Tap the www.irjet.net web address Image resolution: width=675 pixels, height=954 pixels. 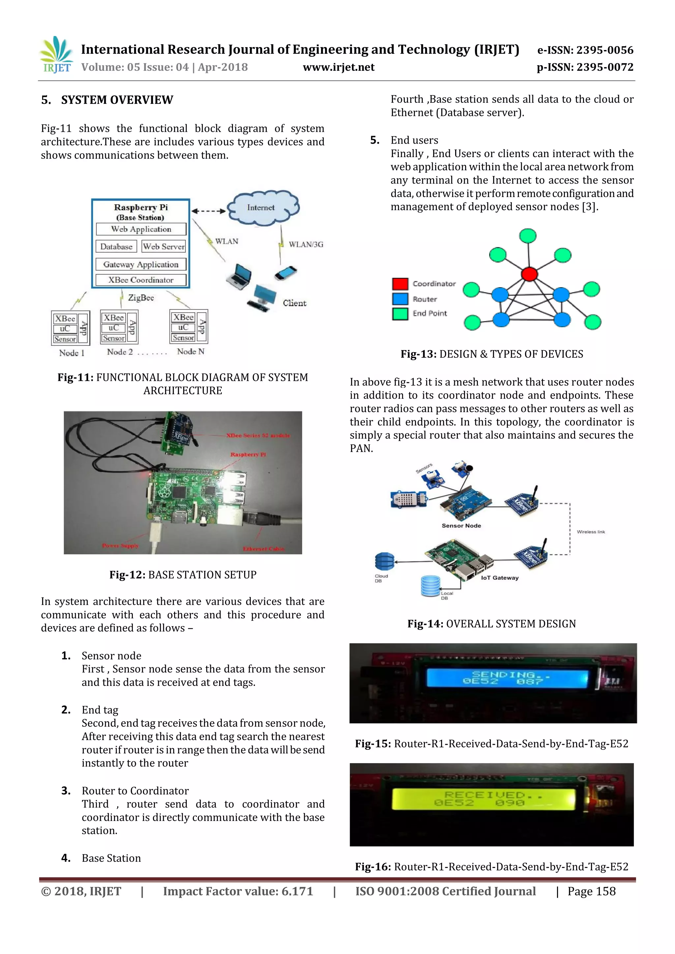coord(338,67)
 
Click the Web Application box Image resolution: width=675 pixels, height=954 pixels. coord(141,229)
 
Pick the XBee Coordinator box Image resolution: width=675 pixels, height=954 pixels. coord(141,280)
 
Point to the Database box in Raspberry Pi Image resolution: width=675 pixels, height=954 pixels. coord(116,246)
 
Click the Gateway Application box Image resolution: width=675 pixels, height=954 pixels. coord(141,264)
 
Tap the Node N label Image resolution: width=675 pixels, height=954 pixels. coord(191,351)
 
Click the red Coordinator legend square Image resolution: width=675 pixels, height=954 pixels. coord(400,284)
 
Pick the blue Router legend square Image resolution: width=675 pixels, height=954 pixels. coord(400,299)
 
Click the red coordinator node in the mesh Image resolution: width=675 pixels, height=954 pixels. coord(529,274)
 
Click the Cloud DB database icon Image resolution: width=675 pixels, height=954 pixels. coord(384,562)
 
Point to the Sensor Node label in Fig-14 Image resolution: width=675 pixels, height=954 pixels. coord(461,526)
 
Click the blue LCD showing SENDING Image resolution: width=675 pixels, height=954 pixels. coord(507,678)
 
